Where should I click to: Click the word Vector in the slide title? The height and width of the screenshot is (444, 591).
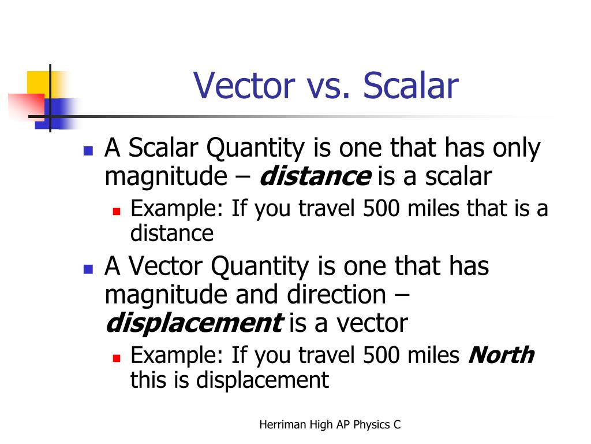tap(244, 86)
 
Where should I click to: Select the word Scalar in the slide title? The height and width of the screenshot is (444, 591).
tap(410, 86)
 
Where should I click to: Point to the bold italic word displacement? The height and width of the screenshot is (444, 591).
tap(194, 323)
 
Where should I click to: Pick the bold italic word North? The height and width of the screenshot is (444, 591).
tap(500, 355)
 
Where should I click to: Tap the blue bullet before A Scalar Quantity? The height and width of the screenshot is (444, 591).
tap(88, 151)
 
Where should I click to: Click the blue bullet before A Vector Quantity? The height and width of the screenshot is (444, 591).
tap(88, 269)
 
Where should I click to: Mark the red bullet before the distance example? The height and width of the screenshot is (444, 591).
tap(116, 212)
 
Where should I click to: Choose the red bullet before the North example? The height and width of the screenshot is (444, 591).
tap(116, 358)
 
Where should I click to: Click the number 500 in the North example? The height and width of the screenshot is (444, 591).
tap(382, 355)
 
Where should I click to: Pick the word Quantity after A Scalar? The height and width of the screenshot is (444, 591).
tap(257, 149)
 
